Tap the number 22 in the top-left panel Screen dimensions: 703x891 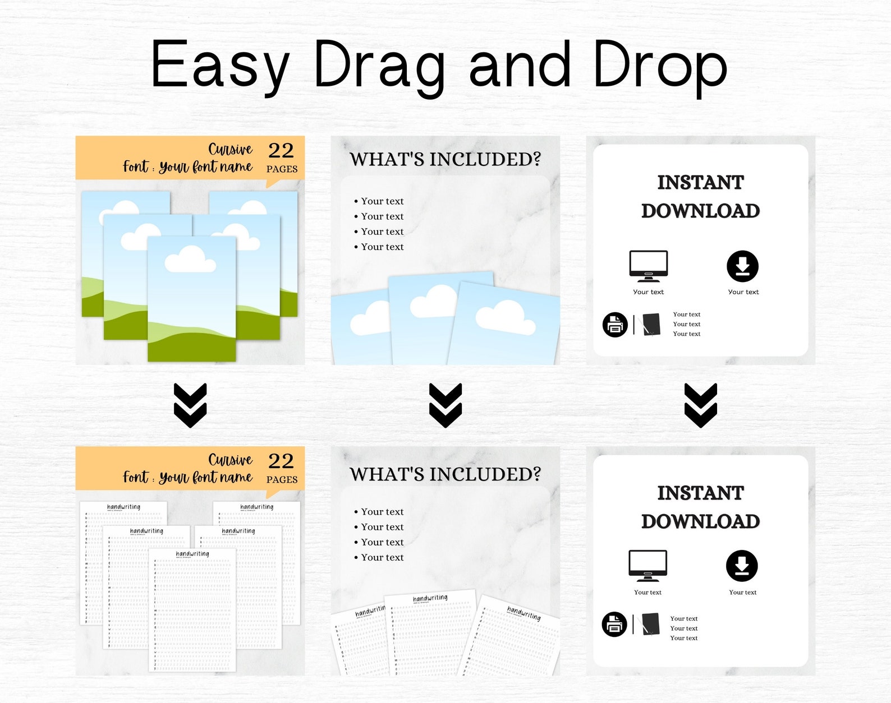[281, 150]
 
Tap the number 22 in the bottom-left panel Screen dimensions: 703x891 [281, 461]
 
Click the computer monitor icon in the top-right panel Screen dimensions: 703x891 [649, 266]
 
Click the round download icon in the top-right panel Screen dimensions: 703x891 [742, 266]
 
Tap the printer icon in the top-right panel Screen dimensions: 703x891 [615, 325]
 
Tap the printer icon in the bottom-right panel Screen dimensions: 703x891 [614, 624]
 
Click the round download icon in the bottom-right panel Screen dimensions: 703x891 [742, 566]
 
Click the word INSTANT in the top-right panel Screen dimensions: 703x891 [700, 183]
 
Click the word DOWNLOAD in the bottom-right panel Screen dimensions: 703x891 [700, 521]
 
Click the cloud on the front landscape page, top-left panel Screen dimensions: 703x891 [190, 260]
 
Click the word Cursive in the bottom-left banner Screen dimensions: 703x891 [231, 460]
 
